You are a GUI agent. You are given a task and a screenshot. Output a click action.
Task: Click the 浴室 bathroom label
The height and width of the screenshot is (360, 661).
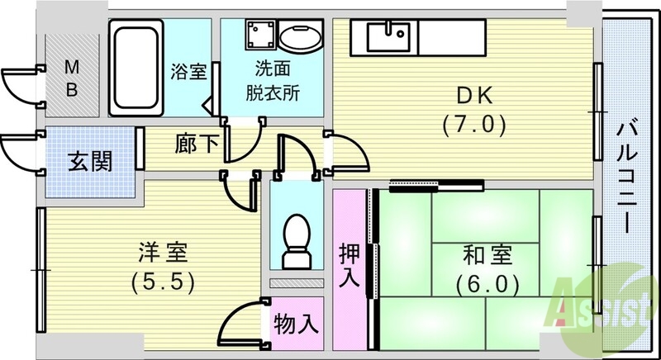tap(188, 72)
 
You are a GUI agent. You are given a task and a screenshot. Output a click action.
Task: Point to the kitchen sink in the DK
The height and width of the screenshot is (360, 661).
tap(389, 36)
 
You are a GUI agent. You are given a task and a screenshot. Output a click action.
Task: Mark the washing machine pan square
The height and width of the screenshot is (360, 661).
tap(258, 37)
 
